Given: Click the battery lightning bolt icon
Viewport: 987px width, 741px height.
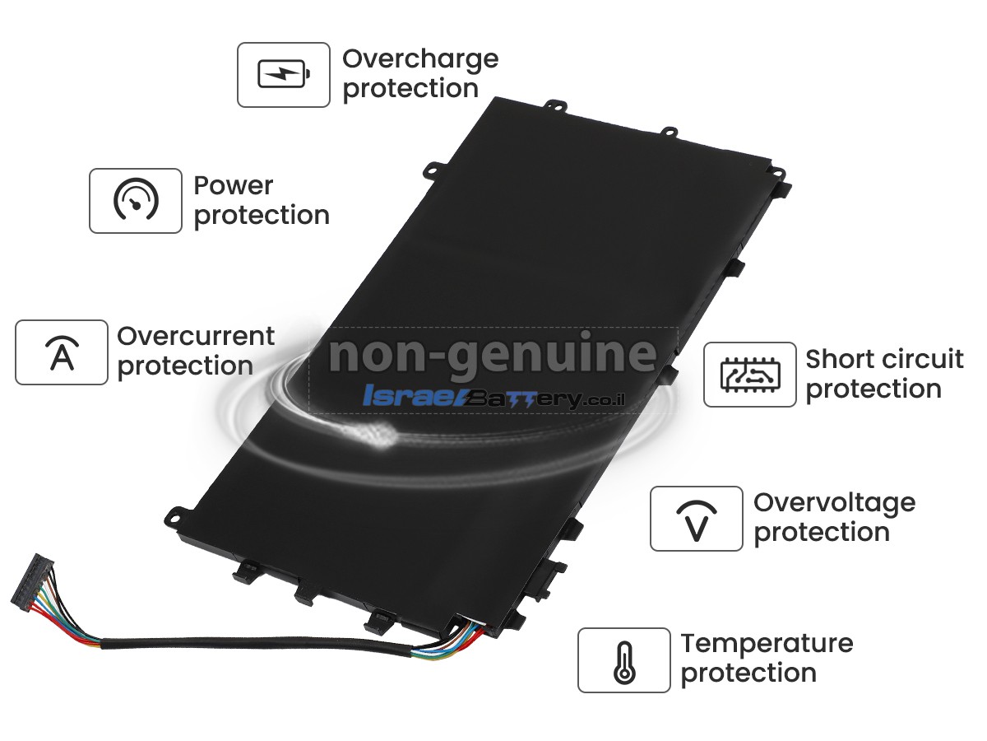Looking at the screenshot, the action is [284, 74].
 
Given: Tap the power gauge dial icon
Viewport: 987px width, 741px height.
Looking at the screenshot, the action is [136, 199].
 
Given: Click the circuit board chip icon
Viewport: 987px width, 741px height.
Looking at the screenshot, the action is [750, 375].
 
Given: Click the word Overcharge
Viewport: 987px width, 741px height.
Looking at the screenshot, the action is [420, 60].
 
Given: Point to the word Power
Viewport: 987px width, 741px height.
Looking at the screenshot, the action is [234, 185].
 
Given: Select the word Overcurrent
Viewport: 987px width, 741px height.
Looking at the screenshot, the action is [196, 336].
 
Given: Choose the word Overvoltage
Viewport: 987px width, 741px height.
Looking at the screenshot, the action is [835, 503].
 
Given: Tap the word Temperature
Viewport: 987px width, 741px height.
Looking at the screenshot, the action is [767, 645].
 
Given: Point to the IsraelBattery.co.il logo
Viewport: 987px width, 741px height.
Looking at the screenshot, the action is [493, 396].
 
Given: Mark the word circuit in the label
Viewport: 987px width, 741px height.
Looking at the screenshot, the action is [918, 359].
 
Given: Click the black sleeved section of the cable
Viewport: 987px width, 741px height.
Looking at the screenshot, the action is [257, 643].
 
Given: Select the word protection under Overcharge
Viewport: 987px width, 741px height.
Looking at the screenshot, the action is [410, 89].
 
